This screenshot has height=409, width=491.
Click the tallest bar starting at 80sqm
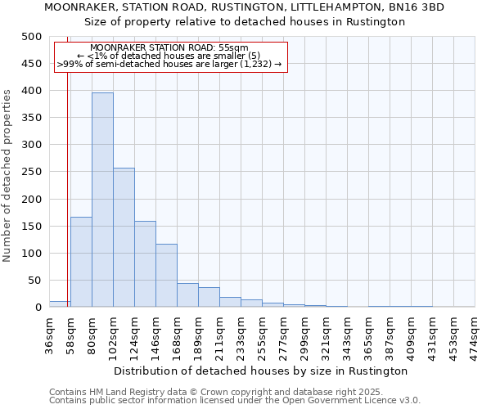[x=102, y=200]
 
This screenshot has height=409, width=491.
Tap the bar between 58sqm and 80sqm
[x=81, y=262]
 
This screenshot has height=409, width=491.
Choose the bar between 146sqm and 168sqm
[x=166, y=276]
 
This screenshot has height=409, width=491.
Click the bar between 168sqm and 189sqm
[x=187, y=295]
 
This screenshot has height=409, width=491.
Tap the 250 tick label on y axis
[x=32, y=172]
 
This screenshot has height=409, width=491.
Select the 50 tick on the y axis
[x=35, y=281]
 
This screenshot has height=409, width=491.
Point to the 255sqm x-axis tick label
[x=262, y=335]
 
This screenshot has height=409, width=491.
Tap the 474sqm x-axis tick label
[x=475, y=335]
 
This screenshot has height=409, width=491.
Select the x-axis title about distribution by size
[x=261, y=371]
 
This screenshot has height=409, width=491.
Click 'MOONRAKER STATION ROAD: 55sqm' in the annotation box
[x=169, y=48]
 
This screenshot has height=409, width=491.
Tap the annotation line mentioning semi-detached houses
[x=169, y=64]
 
